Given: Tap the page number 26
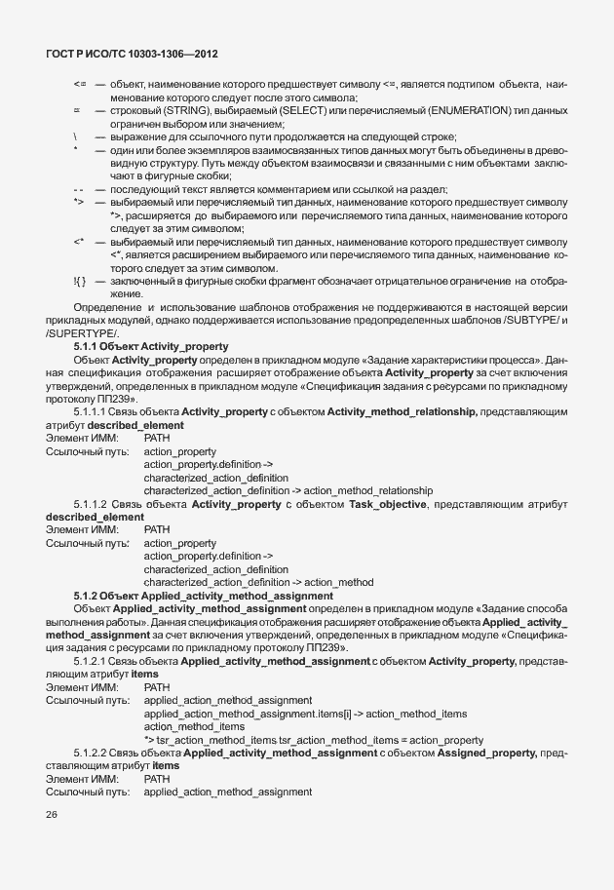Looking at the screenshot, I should pos(52,815).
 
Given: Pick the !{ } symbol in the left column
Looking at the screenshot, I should pos(80,282).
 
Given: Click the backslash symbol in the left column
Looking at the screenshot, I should pos(76,137).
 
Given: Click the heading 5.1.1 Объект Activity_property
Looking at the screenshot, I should pos(150,346).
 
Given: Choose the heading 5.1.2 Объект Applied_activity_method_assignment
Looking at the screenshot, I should pos(203,595).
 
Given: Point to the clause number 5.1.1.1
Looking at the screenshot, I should pos(92,412).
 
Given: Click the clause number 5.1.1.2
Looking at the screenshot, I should pos(92,503).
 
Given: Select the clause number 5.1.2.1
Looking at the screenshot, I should pos(92,662).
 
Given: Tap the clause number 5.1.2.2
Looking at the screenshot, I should pos(92,754).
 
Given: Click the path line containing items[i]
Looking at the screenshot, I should pos(305,714).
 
